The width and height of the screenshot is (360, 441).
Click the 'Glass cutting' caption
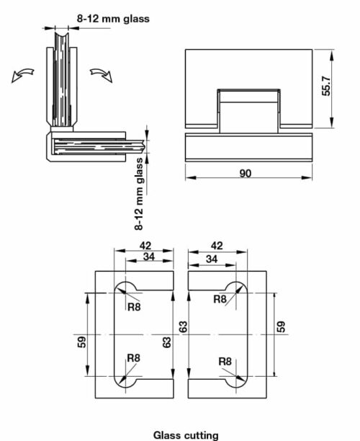[185, 435]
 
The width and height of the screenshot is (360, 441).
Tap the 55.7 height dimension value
[326, 89]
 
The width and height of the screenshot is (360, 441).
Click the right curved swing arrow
[101, 75]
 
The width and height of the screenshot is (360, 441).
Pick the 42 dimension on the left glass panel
[144, 245]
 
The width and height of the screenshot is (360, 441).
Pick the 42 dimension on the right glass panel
[216, 245]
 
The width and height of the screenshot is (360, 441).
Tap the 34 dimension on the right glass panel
[212, 258]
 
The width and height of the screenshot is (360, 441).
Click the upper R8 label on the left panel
[134, 307]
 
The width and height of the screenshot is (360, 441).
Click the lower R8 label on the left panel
[134, 357]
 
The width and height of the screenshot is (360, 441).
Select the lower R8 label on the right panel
[225, 361]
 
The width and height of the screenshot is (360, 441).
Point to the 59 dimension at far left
[82, 341]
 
